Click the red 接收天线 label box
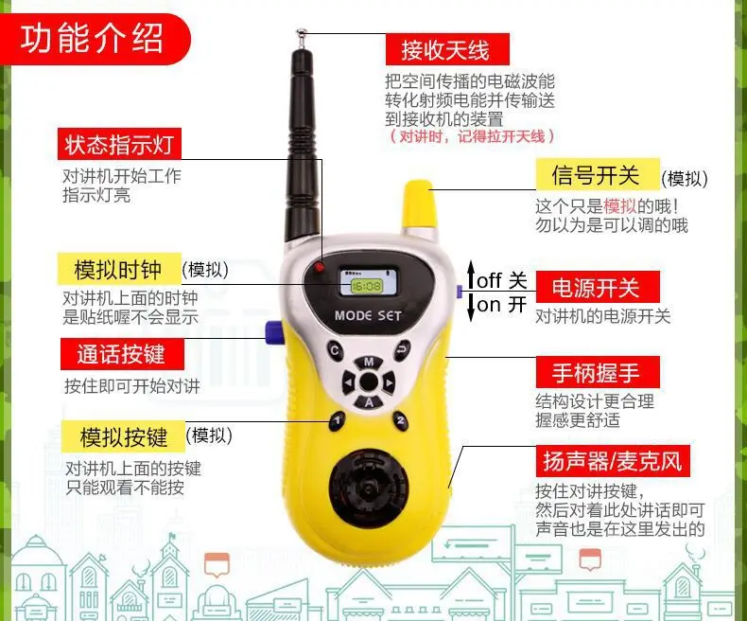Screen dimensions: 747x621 [447, 49]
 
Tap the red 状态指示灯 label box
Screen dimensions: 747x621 [119, 144]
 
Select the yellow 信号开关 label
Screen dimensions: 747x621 [598, 174]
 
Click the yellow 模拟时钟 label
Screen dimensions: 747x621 [119, 269]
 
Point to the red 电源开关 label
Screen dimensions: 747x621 [598, 287]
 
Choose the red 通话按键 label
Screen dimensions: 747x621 [122, 354]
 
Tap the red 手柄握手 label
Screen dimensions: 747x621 [598, 371]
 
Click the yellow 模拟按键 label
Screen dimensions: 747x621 [123, 436]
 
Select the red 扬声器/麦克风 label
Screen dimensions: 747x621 [613, 461]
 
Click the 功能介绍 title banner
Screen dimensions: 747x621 [95, 39]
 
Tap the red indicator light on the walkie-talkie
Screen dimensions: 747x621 [319, 267]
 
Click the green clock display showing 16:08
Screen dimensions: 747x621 [366, 286]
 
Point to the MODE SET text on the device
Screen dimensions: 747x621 [368, 315]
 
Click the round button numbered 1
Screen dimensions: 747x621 [337, 421]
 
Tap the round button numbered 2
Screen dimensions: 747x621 [401, 420]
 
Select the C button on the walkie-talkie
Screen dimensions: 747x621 [335, 350]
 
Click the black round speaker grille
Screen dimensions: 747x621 [368, 488]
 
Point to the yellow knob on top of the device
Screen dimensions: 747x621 [419, 204]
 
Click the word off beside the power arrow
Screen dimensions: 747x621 [489, 280]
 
